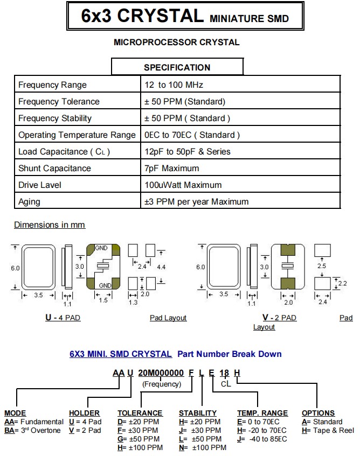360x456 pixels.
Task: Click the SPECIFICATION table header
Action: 177,67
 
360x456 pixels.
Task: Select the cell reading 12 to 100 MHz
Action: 174,85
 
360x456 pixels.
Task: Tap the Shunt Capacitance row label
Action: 54,169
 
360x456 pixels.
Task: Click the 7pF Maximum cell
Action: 171,169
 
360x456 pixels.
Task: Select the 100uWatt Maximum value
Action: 183,185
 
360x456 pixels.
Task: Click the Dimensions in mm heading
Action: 50,225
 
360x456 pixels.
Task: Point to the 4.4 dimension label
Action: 162,267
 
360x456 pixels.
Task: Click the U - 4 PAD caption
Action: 63,318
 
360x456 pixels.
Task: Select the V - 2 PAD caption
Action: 279,318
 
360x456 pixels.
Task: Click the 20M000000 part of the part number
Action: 161,373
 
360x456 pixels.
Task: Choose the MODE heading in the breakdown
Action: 15,413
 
